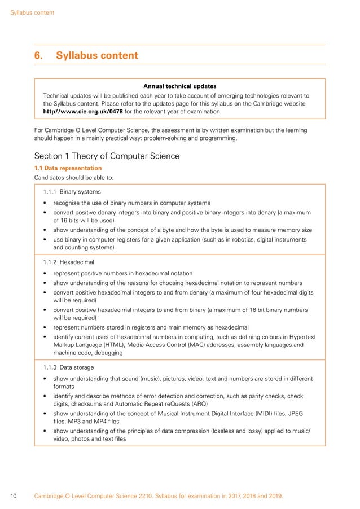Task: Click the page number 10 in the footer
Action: (14, 496)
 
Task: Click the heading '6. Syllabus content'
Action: (86, 55)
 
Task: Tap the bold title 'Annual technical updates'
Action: (179, 86)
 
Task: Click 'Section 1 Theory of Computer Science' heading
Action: (107, 156)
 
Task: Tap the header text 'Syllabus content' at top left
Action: (32, 12)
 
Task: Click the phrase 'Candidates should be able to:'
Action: (73, 178)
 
